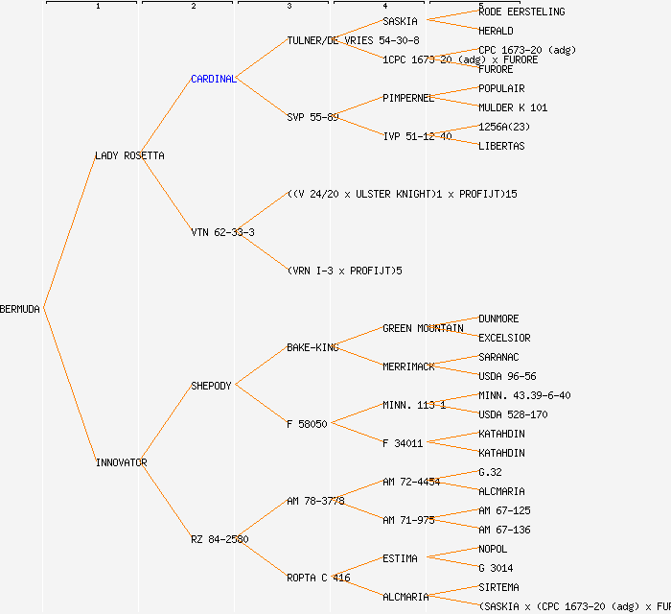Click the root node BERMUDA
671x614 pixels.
[x=20, y=309]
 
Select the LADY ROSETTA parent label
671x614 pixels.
[x=129, y=155]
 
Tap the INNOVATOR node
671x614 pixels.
[x=121, y=462]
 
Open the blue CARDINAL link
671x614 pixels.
[x=213, y=79]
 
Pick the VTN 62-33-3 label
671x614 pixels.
[x=222, y=232]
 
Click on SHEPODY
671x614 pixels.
[x=211, y=386]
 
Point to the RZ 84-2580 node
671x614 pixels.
[x=220, y=539]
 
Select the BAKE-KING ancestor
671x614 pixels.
[x=312, y=347]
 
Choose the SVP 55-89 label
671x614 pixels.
[x=312, y=117]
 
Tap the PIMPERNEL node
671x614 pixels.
[x=408, y=98]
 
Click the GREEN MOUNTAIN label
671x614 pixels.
[x=423, y=328]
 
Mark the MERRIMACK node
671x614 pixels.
[x=408, y=366]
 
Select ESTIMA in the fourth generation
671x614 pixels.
[x=400, y=558]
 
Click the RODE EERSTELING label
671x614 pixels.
[x=521, y=12]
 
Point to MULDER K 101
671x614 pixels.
[x=513, y=107]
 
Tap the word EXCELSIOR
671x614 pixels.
[x=504, y=338]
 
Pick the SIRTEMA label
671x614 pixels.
[x=498, y=587]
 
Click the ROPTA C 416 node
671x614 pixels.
[x=318, y=578]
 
